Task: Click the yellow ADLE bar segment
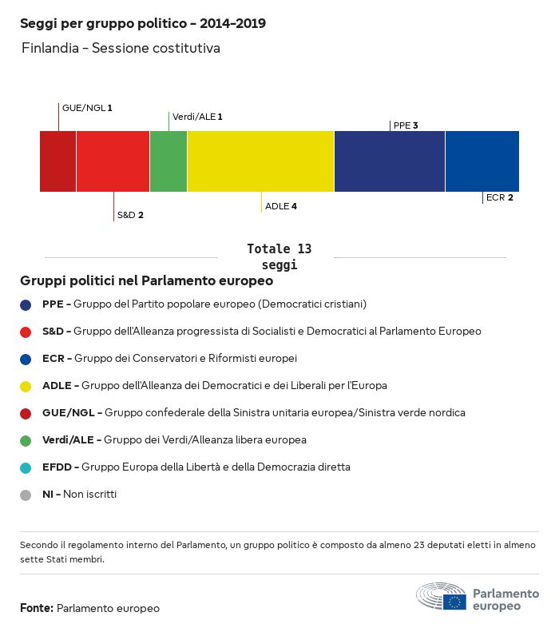(x=260, y=161)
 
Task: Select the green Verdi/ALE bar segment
(x=168, y=161)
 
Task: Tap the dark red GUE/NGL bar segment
(x=57, y=161)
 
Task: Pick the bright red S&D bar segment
(x=113, y=161)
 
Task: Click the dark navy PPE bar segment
(x=389, y=161)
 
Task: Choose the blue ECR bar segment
(x=482, y=161)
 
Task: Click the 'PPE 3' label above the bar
(x=406, y=125)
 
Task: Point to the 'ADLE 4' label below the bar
(x=281, y=206)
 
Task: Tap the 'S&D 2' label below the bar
(x=130, y=215)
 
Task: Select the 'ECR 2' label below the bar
(x=499, y=197)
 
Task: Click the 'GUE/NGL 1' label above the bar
(x=87, y=108)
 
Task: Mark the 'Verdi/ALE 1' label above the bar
(x=197, y=117)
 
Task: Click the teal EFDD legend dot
(x=26, y=467)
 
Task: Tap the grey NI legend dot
(x=26, y=495)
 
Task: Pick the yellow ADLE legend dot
(x=26, y=386)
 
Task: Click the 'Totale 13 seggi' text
(x=279, y=256)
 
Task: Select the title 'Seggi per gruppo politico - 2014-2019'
(x=143, y=24)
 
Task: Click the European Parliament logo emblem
(x=441, y=597)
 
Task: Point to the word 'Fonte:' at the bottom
(x=37, y=608)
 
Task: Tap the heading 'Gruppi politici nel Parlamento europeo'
(x=147, y=281)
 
